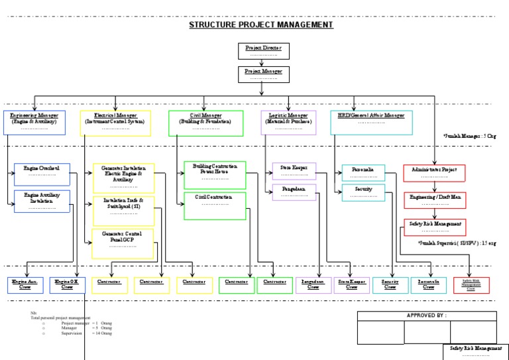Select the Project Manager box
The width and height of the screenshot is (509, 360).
pyautogui.click(x=263, y=74)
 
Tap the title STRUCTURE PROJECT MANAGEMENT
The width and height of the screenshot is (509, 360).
pyautogui.click(x=261, y=25)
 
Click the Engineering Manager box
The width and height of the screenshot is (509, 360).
pyautogui.click(x=34, y=123)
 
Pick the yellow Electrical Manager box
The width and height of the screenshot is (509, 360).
pyautogui.click(x=115, y=123)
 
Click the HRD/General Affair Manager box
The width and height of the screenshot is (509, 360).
pyautogui.click(x=370, y=122)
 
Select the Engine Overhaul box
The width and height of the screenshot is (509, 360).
pyautogui.click(x=41, y=174)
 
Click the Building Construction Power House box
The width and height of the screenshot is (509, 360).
pyautogui.click(x=215, y=174)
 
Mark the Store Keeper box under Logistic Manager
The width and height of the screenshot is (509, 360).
pyautogui.click(x=294, y=171)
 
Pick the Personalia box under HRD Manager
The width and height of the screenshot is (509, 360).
pyautogui.click(x=363, y=173)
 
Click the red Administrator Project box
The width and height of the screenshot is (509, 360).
pyautogui.click(x=434, y=173)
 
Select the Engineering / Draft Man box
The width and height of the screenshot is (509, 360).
pyautogui.click(x=434, y=200)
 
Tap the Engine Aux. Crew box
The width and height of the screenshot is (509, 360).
pyautogui.click(x=26, y=285)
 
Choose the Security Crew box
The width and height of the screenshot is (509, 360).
pyautogui.click(x=390, y=285)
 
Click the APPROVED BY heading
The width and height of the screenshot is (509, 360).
pyautogui.click(x=426, y=316)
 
